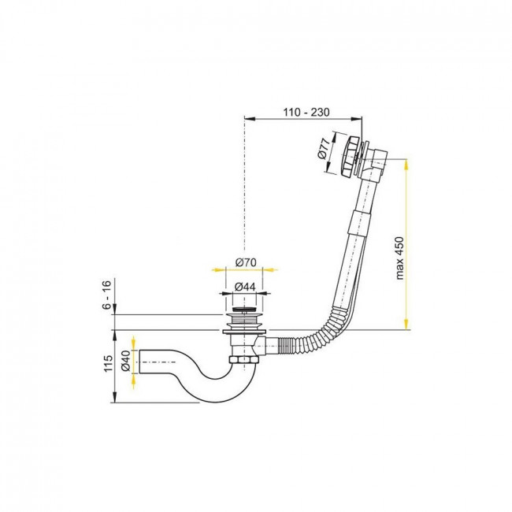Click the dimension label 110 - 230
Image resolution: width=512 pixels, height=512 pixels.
[x=306, y=112]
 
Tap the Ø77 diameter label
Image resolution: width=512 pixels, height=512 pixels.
[x=323, y=149]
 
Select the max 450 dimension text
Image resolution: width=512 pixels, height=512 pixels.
[x=399, y=258]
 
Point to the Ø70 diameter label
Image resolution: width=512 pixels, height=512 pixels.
[x=246, y=262]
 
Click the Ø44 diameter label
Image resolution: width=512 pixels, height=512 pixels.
[x=244, y=287]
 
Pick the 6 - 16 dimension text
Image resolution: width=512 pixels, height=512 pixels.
[x=107, y=295]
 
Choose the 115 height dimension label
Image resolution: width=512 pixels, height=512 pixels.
[x=107, y=362]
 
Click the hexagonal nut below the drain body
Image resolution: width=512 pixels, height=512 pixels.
[x=244, y=360]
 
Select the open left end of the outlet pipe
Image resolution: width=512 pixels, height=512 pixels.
[x=139, y=362]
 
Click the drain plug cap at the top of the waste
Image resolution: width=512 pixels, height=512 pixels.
[x=244, y=309]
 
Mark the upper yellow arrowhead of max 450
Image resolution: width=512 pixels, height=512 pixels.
[x=406, y=165]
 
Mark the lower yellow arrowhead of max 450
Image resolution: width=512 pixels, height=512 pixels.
[x=406, y=324]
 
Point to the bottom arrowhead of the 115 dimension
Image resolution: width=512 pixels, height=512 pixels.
[x=114, y=397]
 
